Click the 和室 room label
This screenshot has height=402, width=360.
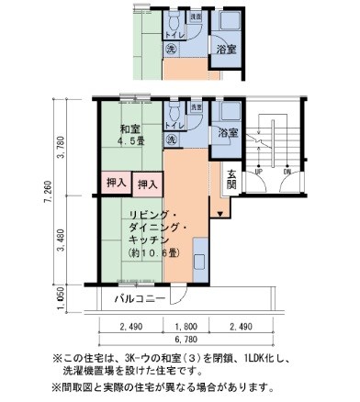(x=129, y=128)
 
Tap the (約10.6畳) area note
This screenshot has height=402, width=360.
(x=157, y=253)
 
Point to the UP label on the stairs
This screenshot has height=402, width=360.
(x=259, y=172)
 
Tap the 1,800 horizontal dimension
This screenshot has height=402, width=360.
(x=186, y=326)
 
